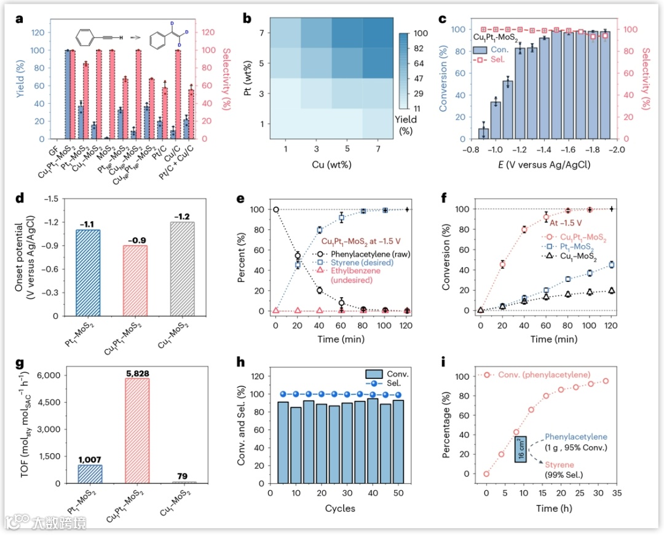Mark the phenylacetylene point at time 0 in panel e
pyautogui.click(x=275, y=209)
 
